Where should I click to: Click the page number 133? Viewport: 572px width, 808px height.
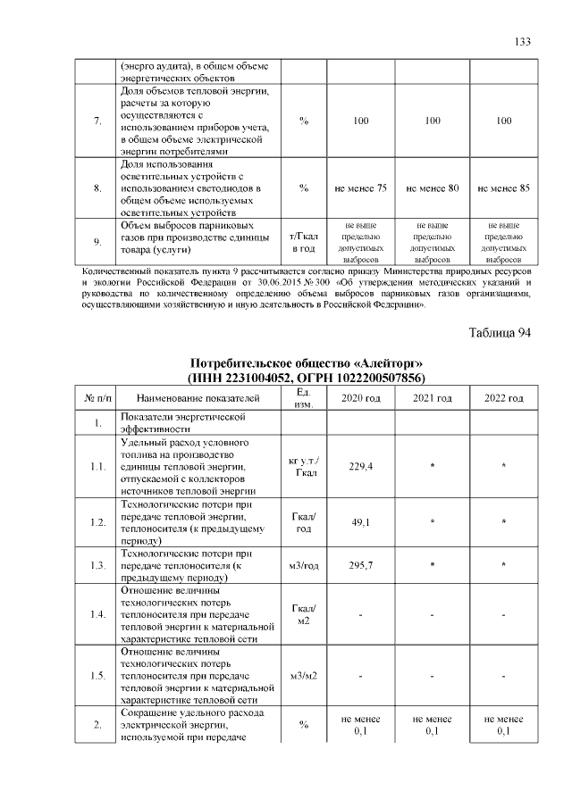coord(523,42)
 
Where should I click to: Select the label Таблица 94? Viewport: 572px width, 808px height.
coord(500,333)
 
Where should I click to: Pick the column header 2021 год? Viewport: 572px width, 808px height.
coord(432,397)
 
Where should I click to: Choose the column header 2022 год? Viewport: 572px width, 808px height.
coord(503,397)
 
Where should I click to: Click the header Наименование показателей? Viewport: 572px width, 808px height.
coord(198,397)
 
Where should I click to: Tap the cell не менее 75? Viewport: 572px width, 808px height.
coord(360,188)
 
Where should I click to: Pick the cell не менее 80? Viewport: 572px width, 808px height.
coord(432,188)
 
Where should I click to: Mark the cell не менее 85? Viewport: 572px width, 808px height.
coord(503,188)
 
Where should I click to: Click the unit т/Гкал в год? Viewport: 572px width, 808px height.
coord(304,241)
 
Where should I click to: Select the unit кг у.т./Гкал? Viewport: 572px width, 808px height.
coord(304,466)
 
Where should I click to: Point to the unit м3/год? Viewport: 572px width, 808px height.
coord(304,565)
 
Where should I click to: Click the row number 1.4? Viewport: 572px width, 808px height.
coord(97,614)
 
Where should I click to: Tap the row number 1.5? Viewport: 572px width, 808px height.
coord(97,676)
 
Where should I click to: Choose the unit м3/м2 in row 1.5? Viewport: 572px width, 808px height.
coord(304,676)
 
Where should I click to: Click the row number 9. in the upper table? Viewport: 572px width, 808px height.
coord(97,241)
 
